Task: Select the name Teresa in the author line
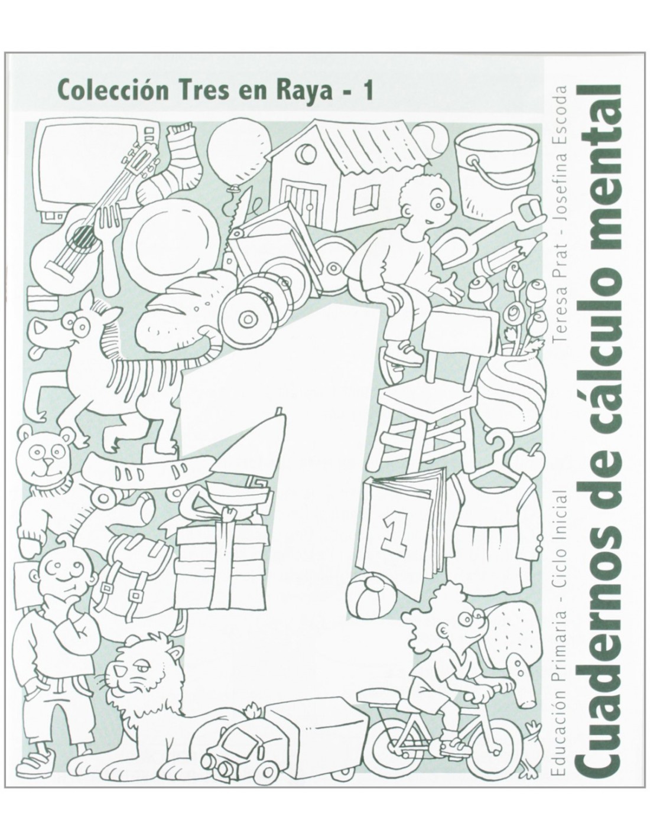561,314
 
